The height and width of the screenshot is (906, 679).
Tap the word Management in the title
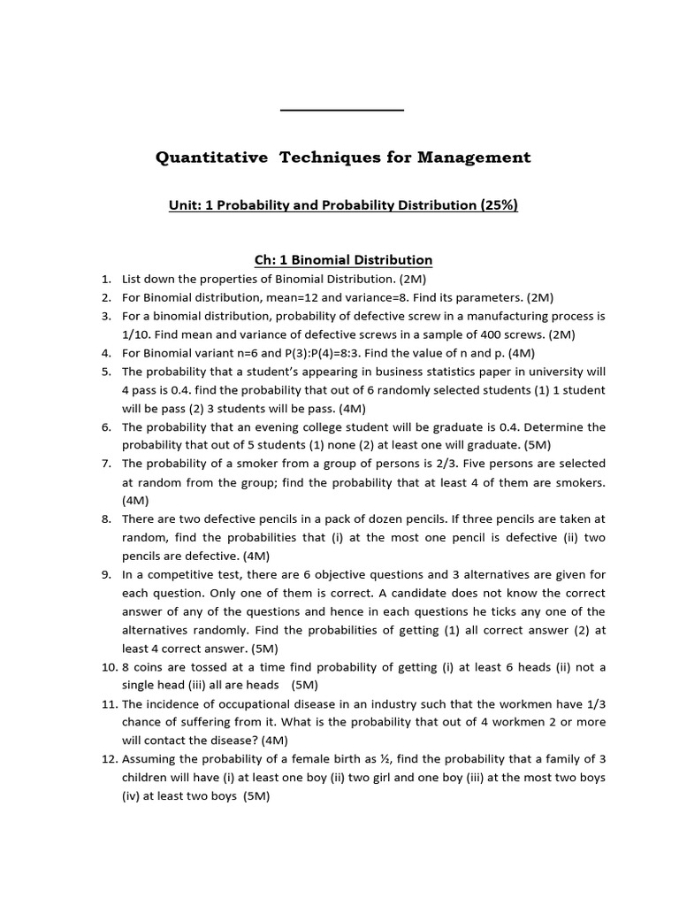478,157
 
